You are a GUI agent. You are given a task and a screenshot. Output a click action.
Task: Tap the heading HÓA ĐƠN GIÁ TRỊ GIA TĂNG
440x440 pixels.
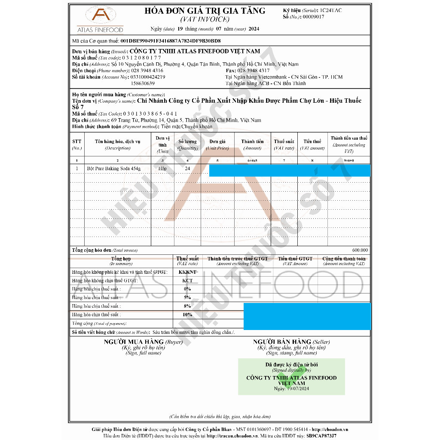click(205, 11)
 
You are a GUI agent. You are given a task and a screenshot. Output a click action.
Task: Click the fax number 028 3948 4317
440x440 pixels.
click(254, 70)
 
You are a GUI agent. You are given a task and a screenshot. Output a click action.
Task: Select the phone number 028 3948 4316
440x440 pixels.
click(147, 70)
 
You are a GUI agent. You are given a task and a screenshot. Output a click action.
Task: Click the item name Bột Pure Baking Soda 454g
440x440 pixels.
click(113, 168)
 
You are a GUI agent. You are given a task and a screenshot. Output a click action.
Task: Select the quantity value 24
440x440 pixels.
click(187, 168)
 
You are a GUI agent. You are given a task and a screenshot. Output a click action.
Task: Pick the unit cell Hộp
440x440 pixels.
click(162, 168)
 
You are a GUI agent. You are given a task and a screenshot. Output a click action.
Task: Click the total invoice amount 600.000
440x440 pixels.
click(360, 250)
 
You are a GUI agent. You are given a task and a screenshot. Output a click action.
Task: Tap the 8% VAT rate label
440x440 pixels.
click(187, 306)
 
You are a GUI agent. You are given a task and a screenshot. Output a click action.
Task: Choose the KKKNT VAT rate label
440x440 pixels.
click(187, 272)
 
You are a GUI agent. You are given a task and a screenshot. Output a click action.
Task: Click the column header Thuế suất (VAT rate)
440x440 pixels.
click(284, 144)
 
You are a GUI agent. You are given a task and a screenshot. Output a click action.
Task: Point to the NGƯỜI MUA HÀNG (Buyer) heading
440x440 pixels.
click(143, 342)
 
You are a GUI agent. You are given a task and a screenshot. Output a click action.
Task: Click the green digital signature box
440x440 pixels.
click(291, 377)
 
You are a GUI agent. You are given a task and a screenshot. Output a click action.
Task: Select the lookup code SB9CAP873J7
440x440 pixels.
click(321, 436)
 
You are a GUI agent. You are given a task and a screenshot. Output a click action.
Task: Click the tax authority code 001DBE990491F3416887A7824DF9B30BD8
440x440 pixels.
click(171, 41)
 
